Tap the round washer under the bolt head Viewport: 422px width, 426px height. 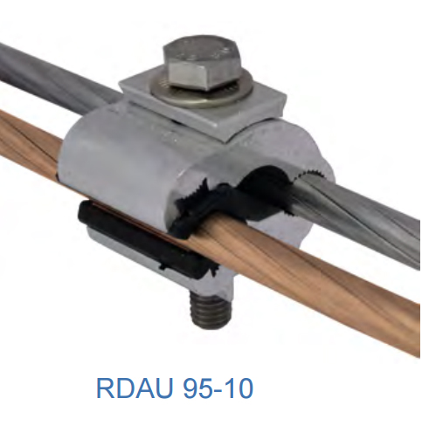(x=201, y=93)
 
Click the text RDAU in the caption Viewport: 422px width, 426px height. (x=135, y=388)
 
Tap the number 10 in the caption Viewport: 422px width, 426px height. (x=239, y=388)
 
